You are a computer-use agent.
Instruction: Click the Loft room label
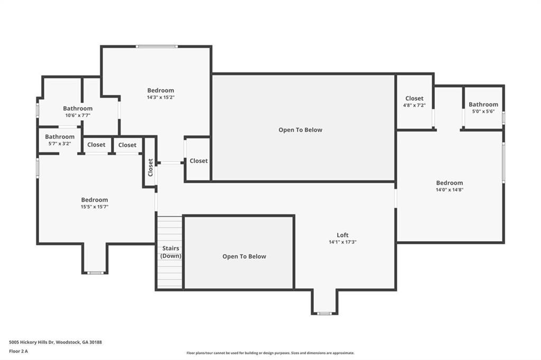(x=342, y=235)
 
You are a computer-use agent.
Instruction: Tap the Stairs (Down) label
(x=170, y=252)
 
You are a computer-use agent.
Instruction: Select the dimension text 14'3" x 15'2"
(x=161, y=97)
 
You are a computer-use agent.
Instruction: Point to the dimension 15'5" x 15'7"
(x=95, y=207)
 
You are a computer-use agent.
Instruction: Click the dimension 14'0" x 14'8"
(x=449, y=190)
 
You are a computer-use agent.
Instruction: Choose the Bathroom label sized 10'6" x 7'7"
(x=78, y=108)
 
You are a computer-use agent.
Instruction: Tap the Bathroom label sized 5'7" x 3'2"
(x=59, y=137)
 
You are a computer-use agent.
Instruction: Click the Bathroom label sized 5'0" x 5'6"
(x=483, y=105)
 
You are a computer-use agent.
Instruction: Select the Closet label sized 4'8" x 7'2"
(x=414, y=98)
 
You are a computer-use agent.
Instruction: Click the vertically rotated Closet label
(x=151, y=167)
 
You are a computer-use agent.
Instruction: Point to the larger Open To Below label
(x=300, y=130)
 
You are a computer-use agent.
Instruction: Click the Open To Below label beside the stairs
(x=244, y=257)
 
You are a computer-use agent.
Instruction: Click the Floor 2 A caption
(x=18, y=350)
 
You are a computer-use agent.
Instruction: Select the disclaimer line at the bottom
(x=270, y=353)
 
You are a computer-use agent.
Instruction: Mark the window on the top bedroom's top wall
(x=156, y=46)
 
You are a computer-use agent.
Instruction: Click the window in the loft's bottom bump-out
(x=324, y=314)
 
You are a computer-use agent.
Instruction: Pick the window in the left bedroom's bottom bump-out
(x=95, y=273)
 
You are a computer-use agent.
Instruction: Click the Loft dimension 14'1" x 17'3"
(x=342, y=242)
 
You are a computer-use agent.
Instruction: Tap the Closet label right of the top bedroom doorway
(x=199, y=161)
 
